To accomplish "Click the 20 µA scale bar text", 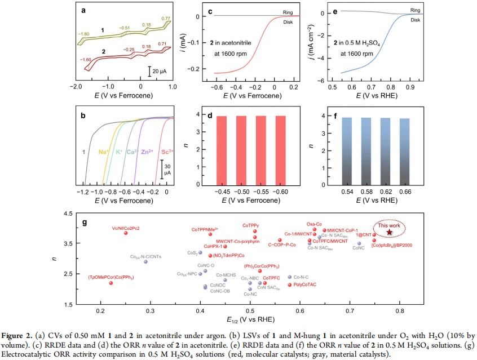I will tap(158, 72).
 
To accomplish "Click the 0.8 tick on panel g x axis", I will tap(400, 310).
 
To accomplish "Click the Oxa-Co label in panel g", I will tap(314, 224).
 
